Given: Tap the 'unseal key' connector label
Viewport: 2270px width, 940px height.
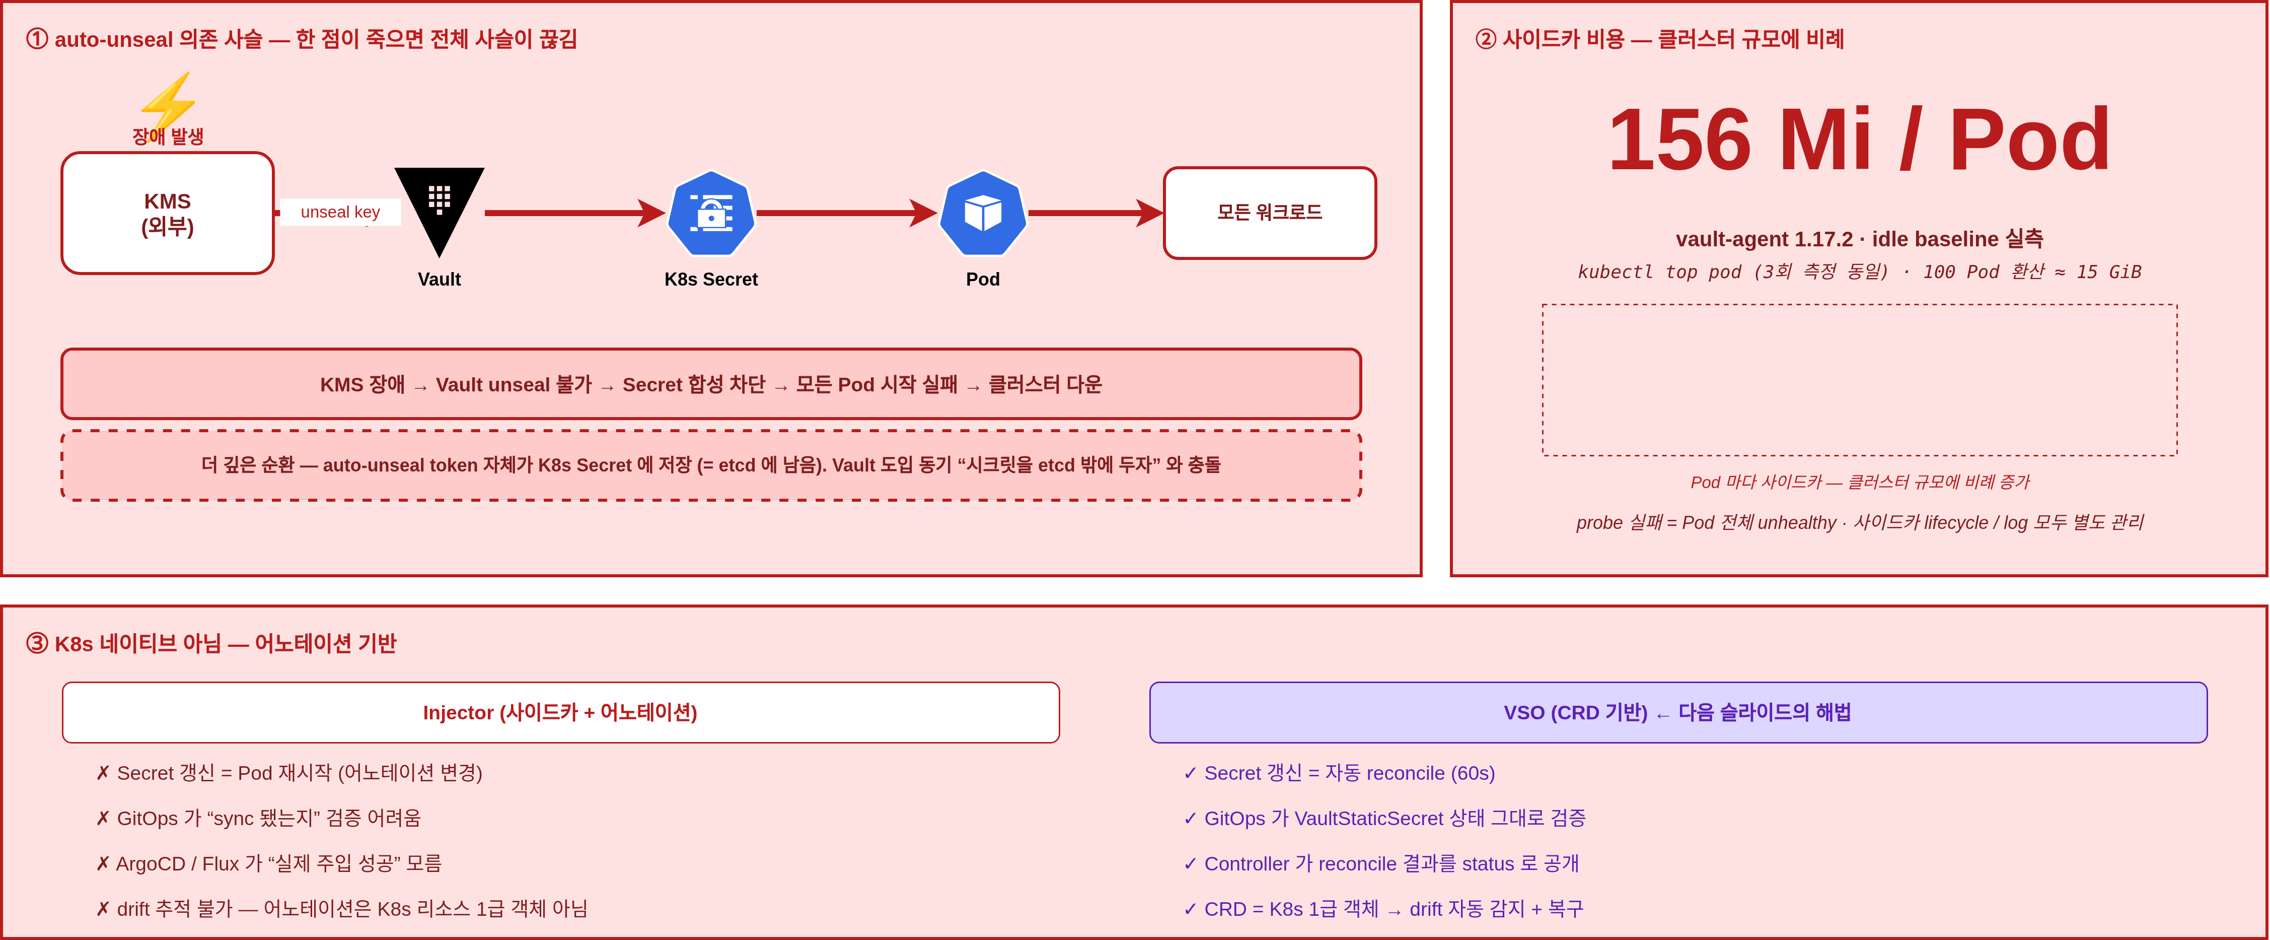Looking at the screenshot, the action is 340,212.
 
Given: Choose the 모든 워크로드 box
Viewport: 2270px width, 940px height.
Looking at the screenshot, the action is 1270,213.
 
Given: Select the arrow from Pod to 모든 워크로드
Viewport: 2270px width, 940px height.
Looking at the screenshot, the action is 1096,213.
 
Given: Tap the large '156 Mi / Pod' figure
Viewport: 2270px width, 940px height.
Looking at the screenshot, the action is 1859,140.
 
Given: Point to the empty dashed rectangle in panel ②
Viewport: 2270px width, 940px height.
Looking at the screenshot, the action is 1859,305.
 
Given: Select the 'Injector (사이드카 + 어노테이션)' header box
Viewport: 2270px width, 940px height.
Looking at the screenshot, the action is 560,712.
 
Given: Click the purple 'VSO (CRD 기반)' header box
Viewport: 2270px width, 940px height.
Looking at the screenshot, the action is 1678,712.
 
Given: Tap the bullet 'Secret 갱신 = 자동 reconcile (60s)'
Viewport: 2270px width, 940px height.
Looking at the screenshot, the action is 1340,773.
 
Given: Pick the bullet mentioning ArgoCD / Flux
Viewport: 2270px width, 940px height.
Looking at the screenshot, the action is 269,863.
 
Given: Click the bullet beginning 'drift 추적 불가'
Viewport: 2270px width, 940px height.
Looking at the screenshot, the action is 342,908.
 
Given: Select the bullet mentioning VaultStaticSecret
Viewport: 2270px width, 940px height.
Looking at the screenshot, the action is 1384,818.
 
